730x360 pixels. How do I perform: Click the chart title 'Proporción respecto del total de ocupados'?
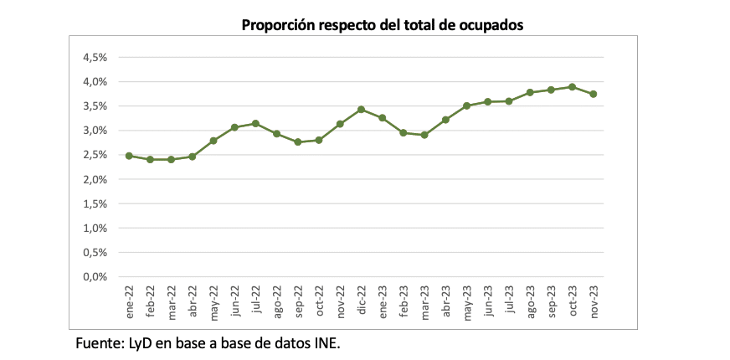(382, 25)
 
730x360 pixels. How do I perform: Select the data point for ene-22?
(129, 156)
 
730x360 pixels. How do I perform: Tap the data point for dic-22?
(361, 110)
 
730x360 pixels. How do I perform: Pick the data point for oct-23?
(572, 87)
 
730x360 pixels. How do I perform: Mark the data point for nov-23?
(593, 94)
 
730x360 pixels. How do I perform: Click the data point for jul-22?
(255, 124)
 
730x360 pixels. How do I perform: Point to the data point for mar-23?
(424, 135)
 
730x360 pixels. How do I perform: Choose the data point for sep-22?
(297, 142)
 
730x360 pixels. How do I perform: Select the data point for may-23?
(466, 106)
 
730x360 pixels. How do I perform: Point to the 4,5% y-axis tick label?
(95, 58)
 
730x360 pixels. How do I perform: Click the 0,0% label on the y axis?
(95, 277)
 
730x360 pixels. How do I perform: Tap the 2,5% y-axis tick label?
(95, 155)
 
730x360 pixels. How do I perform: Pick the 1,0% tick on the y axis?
(95, 229)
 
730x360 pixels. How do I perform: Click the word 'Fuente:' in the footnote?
(99, 342)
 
